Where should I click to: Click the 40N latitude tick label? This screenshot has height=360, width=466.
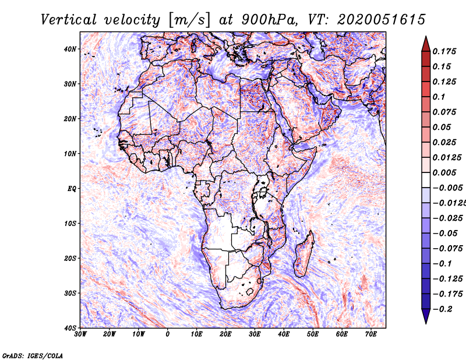coord(70,49)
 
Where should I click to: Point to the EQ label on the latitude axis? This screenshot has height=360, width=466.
coord(72,189)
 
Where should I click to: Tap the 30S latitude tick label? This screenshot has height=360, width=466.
coord(70,294)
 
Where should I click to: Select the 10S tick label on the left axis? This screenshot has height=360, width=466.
coord(70,224)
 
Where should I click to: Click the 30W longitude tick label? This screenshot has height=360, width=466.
coord(80,334)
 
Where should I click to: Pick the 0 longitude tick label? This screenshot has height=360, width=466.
coord(168,334)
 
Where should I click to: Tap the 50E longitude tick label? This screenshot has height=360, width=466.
coord(313,334)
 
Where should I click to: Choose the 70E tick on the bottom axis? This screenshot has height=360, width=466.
coord(371,334)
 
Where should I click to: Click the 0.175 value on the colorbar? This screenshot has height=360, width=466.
coord(444,51)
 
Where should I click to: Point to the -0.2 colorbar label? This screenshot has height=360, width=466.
coord(443,309)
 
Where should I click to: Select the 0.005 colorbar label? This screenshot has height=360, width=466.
coord(444,172)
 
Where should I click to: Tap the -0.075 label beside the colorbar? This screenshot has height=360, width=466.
coord(447,249)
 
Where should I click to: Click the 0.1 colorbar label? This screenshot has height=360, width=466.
coord(439,97)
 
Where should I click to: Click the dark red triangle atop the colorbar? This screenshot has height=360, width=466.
coord(426,44)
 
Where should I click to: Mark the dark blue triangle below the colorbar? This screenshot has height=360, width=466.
coord(426,316)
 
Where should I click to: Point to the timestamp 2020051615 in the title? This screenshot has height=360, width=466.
coord(381,20)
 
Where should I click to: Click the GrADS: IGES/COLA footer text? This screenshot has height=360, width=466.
coord(33,356)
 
